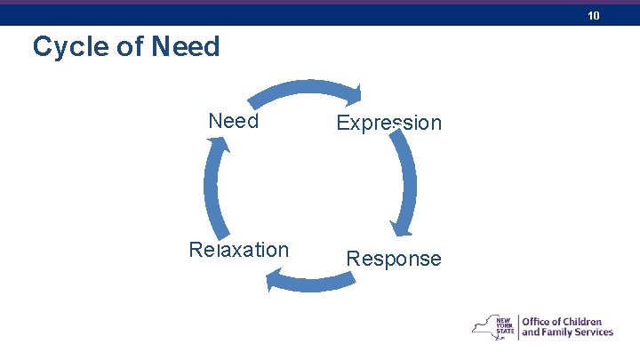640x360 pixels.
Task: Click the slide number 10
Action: (x=594, y=16)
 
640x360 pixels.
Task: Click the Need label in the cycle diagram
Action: (x=233, y=121)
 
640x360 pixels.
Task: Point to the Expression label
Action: (x=388, y=123)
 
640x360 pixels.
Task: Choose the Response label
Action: (x=393, y=259)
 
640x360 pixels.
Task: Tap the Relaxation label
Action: (x=238, y=250)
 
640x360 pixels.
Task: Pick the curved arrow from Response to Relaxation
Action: (x=311, y=282)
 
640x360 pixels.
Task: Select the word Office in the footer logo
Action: (x=537, y=321)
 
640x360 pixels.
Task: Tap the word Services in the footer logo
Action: (x=593, y=332)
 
